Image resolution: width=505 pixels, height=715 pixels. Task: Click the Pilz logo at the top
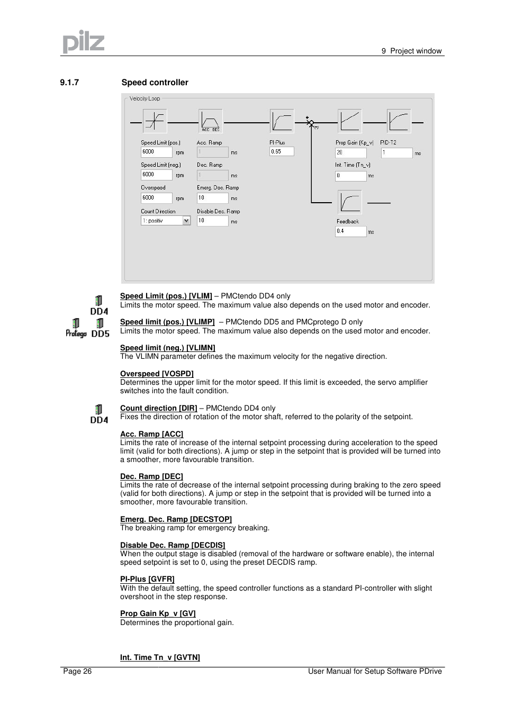tap(84, 41)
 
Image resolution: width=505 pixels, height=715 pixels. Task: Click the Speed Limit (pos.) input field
tap(156, 152)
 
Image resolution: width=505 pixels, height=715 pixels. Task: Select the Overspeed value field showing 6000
tap(156, 198)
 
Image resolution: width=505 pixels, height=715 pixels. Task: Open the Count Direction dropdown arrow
tap(186, 221)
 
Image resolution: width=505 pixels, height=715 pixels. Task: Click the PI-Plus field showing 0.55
tap(281, 151)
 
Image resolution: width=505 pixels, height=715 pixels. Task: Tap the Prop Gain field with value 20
tap(350, 152)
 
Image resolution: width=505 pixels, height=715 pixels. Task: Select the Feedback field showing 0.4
tap(350, 231)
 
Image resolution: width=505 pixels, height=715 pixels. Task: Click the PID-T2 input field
tap(396, 152)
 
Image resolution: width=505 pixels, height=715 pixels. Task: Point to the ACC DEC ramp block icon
tap(210, 121)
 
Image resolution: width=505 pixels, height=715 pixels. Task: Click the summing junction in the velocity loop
tap(311, 123)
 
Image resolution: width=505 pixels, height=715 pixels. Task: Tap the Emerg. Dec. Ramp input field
tap(212, 198)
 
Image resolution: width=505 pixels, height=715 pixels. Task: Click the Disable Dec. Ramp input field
tap(212, 221)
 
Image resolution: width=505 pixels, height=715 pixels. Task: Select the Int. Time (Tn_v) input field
tap(350, 176)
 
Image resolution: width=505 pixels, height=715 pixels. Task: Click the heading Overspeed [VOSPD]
tap(157, 374)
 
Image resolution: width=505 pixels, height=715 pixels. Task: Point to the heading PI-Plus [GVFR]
tap(147, 579)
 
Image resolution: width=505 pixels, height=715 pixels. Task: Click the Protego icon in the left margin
tap(76, 328)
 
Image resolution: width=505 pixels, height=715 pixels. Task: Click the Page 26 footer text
tap(77, 671)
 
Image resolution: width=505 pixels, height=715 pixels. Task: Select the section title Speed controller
tap(155, 83)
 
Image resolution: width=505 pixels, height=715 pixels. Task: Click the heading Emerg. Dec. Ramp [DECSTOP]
tap(176, 519)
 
